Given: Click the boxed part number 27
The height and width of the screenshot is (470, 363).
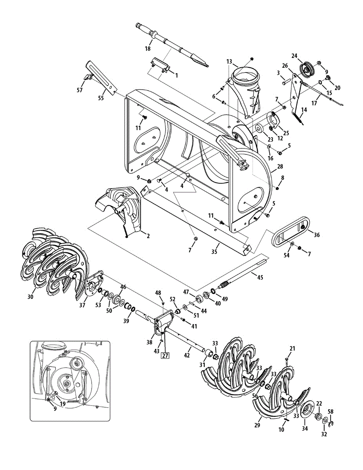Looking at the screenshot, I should tap(165, 356).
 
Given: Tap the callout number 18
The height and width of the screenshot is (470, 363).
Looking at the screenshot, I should tap(148, 49).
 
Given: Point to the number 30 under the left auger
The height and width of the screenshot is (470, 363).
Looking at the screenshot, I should tap(31, 296).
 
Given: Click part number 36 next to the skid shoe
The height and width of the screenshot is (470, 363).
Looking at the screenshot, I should tap(317, 235).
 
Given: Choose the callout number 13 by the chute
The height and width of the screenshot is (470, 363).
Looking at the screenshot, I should tap(229, 61).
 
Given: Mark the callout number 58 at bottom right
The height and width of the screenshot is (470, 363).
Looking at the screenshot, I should tap(331, 412).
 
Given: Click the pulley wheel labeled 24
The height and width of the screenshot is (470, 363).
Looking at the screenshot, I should tap(305, 69).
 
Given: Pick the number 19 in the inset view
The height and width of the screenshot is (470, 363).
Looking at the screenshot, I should tap(63, 403).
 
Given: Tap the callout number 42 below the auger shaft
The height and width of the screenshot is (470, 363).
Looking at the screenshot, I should tap(187, 355).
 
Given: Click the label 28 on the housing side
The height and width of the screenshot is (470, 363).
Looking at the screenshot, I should tap(280, 167).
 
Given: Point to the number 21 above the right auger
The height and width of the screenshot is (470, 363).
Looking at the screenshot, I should tap(292, 348).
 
